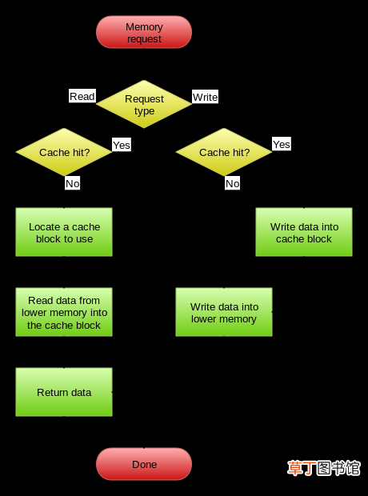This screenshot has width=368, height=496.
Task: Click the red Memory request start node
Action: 144,32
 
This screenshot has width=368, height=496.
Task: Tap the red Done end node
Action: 144,464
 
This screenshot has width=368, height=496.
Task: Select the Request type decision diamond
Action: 144,104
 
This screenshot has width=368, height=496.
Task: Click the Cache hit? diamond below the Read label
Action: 64,152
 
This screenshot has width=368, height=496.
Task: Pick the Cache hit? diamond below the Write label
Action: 224,152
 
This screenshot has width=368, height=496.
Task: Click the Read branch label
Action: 82,96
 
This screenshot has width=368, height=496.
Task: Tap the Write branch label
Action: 205,97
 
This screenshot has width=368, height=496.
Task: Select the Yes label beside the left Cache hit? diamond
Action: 122,145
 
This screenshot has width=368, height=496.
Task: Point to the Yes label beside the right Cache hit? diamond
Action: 282,144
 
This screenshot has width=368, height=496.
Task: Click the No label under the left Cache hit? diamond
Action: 73,183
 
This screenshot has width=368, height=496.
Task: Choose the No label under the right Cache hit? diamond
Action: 232,183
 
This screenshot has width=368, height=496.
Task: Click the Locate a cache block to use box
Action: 64,232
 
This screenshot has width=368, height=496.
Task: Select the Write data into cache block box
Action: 304,232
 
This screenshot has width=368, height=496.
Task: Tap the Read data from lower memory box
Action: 64,312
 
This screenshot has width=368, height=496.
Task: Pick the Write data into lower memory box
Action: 224,312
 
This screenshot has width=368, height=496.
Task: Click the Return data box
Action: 64,392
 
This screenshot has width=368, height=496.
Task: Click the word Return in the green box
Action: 49,392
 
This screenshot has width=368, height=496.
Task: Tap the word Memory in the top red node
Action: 144,27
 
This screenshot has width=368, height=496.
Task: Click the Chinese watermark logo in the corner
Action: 324,468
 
